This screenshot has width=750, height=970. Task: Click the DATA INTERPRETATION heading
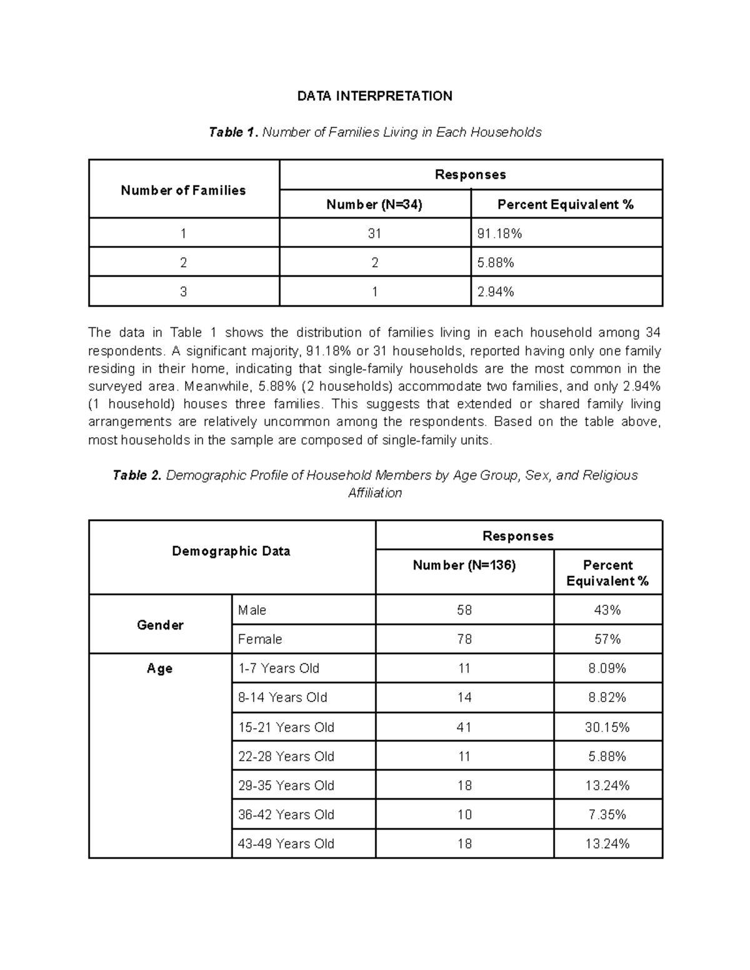374,96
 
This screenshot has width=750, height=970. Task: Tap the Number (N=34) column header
374,204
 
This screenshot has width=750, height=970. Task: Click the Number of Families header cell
183,191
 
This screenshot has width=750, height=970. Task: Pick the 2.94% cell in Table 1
496,292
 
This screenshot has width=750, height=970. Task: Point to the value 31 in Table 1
374,234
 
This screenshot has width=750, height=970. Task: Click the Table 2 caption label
137,475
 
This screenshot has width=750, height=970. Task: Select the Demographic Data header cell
231,551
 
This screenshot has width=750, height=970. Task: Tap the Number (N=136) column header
464,565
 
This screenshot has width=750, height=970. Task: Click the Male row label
252,610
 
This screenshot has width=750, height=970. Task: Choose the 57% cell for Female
607,639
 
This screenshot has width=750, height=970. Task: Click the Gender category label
160,625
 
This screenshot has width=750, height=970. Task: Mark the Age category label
159,668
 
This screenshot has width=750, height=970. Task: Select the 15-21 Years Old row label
286,727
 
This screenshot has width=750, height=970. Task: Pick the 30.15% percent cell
607,727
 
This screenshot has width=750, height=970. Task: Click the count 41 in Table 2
464,727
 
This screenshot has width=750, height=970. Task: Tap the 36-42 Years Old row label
286,814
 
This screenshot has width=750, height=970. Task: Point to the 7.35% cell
607,814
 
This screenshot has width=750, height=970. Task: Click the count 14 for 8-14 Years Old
464,698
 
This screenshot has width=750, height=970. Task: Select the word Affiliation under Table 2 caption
374,493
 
